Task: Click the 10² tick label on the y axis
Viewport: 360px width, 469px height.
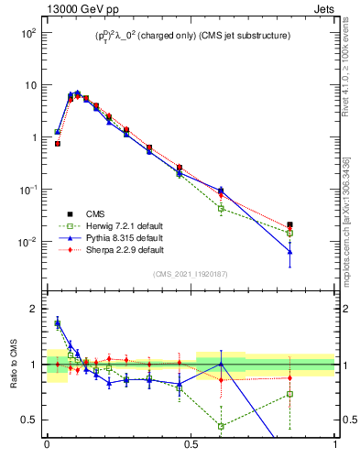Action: tap(27, 32)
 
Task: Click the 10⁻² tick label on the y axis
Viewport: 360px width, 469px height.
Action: tap(27, 242)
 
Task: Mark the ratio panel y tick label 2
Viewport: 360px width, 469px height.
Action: tap(32, 309)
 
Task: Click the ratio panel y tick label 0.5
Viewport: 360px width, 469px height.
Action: tap(28, 420)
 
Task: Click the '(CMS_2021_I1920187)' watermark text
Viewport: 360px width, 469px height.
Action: tap(191, 274)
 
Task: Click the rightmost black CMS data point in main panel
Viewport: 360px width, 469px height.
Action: tap(289, 224)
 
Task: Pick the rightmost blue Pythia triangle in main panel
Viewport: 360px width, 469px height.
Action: tap(289, 251)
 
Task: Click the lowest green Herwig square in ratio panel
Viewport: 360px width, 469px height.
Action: tap(221, 426)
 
